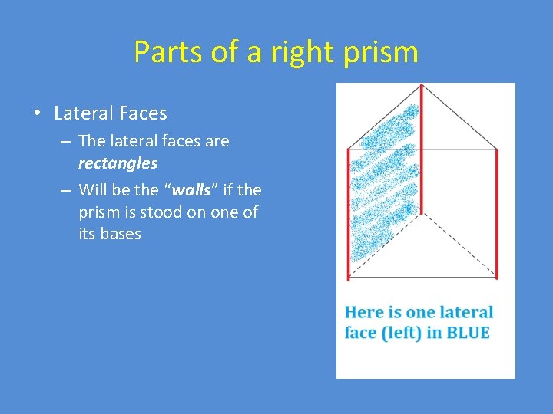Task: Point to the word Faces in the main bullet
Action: (143, 113)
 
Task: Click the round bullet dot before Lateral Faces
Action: (38, 114)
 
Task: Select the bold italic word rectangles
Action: (118, 163)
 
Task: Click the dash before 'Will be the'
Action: (65, 189)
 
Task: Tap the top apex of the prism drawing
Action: (420, 84)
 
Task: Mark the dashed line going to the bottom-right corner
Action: (461, 245)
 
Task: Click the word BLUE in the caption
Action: (468, 333)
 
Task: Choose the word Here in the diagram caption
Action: (363, 312)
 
